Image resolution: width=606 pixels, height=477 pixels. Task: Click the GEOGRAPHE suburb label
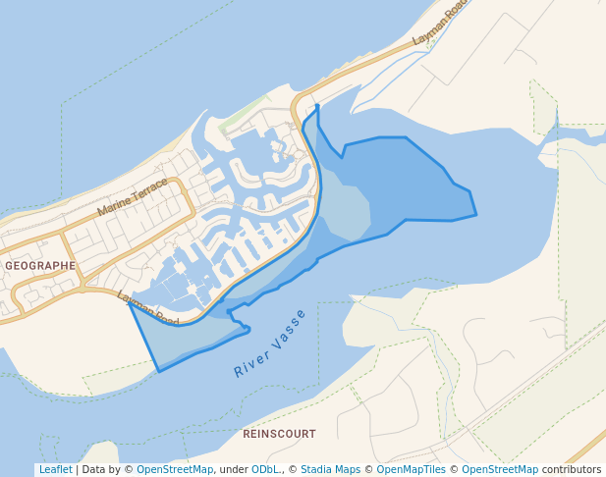click(40, 265)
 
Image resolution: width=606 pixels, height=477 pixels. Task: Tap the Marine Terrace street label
click(133, 197)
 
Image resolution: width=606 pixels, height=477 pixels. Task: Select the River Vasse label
click(270, 344)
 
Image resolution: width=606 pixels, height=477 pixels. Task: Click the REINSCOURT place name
click(279, 433)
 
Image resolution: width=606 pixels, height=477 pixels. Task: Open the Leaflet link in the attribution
click(55, 469)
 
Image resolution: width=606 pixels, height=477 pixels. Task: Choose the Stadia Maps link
click(330, 469)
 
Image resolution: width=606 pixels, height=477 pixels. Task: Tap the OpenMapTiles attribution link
click(410, 469)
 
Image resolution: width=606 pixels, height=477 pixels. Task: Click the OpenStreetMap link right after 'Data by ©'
click(175, 469)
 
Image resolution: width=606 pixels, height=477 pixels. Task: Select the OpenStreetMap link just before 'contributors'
click(500, 469)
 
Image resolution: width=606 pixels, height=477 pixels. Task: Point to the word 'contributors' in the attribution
click(571, 469)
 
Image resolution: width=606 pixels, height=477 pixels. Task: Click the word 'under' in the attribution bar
click(233, 469)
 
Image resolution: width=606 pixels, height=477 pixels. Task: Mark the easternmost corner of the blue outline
click(476, 215)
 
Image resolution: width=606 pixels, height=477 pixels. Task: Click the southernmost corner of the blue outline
click(158, 372)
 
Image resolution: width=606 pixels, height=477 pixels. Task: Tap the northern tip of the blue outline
click(317, 106)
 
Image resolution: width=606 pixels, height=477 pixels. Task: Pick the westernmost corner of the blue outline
click(130, 303)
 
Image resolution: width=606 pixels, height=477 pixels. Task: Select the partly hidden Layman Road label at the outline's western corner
click(147, 309)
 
